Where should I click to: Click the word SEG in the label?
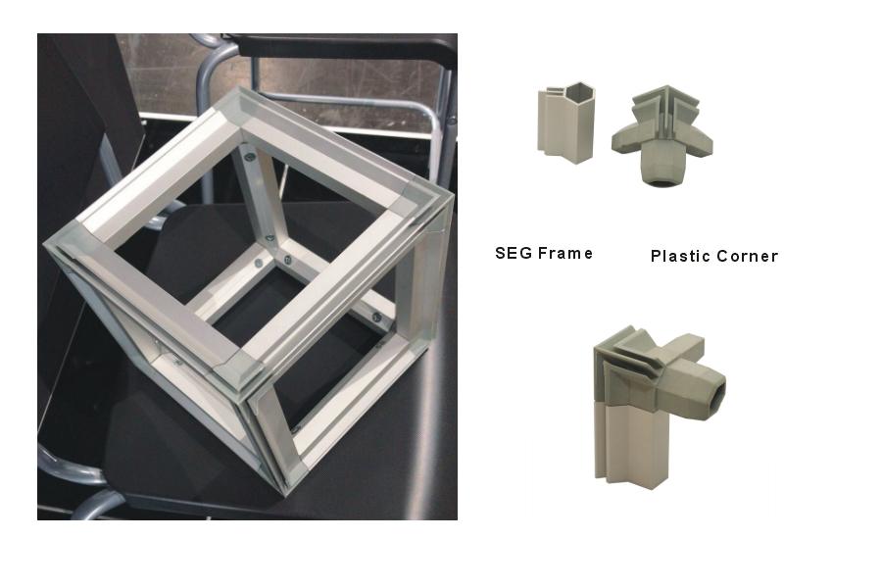(513, 253)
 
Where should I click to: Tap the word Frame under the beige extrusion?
(564, 253)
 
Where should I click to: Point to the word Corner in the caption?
(748, 256)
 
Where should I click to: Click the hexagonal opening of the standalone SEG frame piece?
(578, 91)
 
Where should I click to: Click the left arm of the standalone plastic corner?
(626, 141)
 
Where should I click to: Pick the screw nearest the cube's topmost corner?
(248, 157)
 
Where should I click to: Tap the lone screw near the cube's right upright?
(377, 318)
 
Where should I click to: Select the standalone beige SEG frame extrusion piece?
(565, 123)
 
